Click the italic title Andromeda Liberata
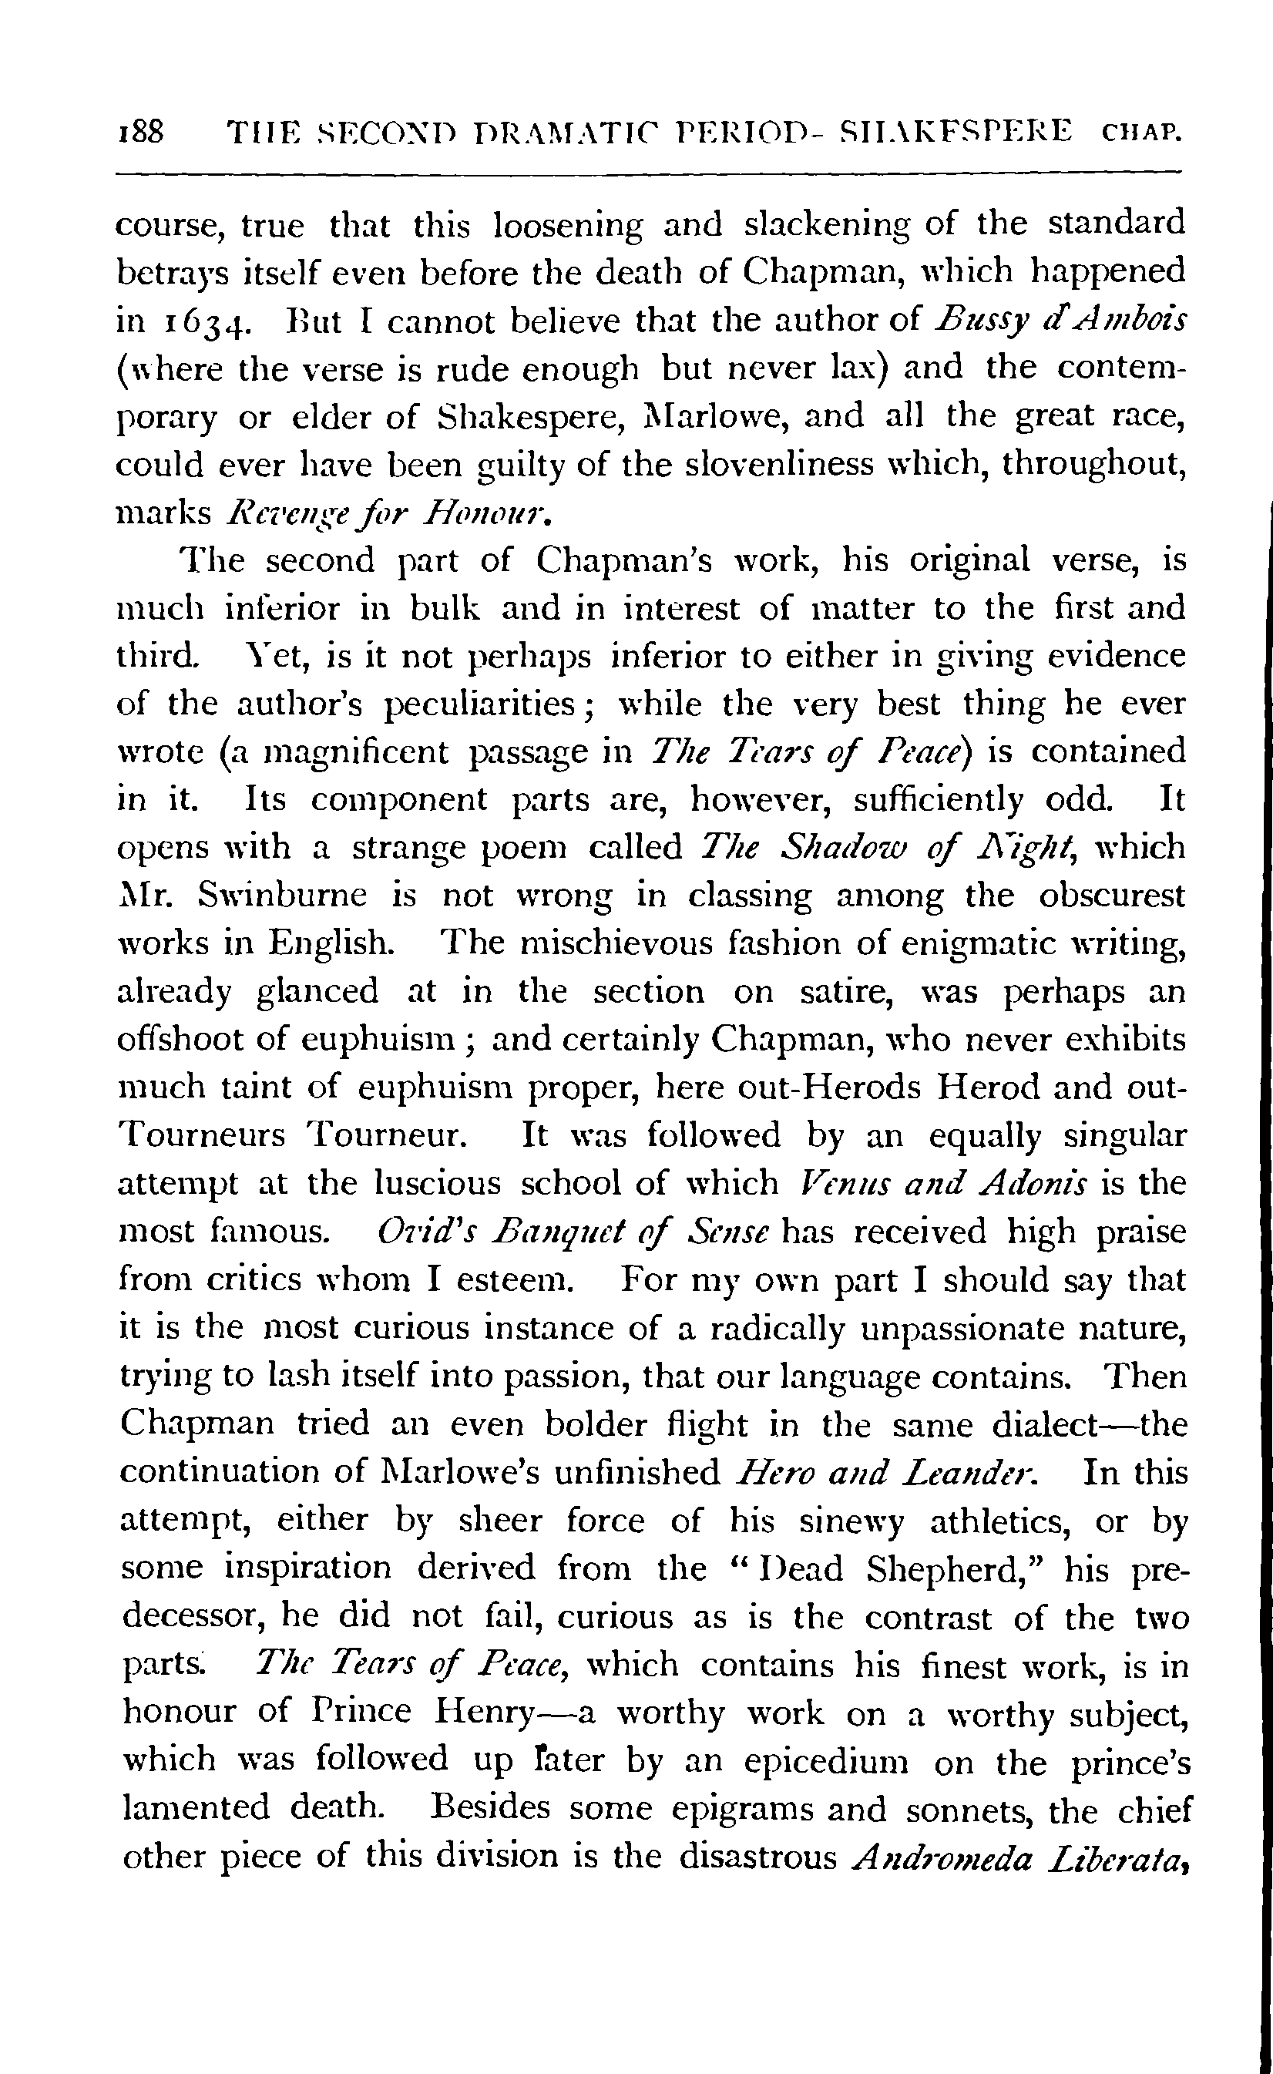coord(1011,1857)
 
